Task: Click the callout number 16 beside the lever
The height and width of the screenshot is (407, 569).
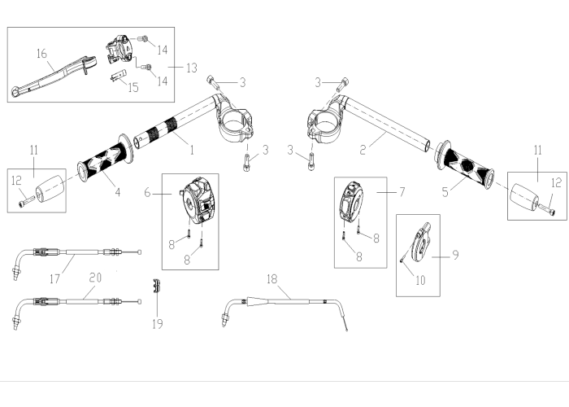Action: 41,54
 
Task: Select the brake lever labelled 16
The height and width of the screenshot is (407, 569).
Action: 54,76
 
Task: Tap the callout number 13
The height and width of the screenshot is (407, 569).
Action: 192,68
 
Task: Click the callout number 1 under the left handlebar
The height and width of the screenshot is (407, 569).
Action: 192,150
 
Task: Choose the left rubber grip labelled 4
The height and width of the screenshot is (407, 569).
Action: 105,157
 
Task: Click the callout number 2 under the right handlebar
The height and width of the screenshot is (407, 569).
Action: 363,149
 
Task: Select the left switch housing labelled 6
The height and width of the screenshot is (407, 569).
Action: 198,200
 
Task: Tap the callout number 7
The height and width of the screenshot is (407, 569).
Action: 402,192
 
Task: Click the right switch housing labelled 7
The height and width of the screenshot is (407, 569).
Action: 351,201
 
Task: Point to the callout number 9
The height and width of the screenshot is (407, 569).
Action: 455,255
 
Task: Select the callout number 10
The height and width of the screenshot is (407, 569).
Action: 420,280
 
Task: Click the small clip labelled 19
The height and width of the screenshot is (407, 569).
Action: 157,286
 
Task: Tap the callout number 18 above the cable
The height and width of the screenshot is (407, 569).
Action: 271,278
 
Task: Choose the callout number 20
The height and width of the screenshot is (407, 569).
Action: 95,278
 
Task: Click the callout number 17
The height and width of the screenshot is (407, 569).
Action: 54,278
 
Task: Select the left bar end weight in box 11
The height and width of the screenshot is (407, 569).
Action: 50,189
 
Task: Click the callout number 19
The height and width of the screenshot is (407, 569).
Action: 157,324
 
